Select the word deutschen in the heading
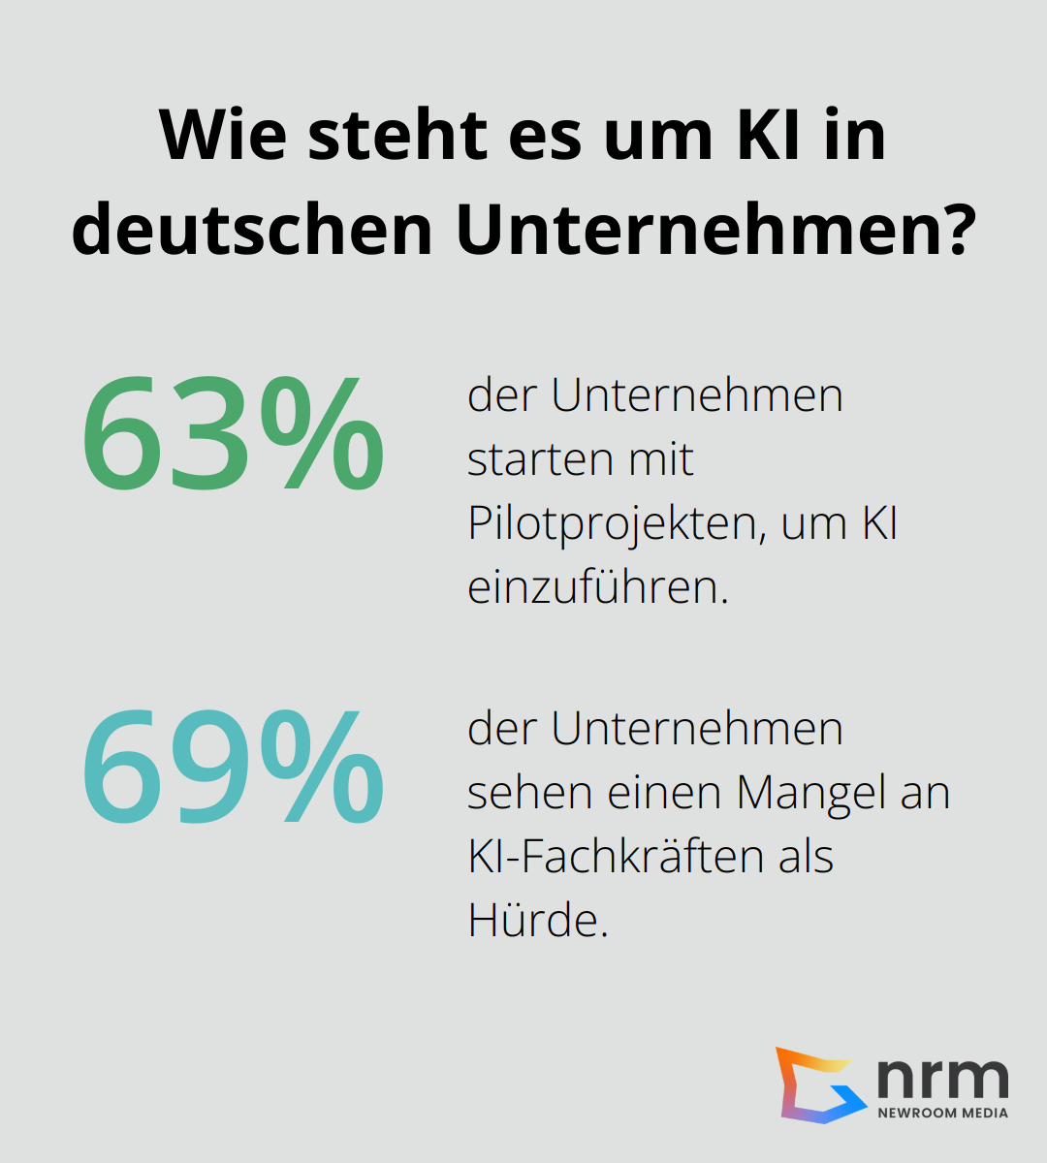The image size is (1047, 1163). (x=252, y=230)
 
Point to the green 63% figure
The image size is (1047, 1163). (x=233, y=434)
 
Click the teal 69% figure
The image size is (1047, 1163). (x=233, y=767)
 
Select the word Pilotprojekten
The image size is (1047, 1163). (x=611, y=524)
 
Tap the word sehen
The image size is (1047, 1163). (x=528, y=793)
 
